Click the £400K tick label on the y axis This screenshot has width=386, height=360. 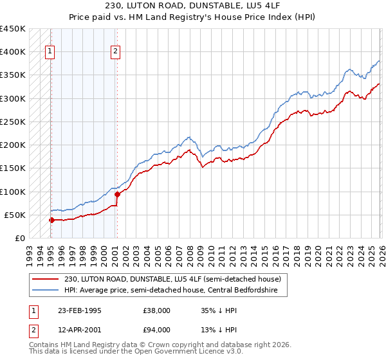pyautogui.click(x=13, y=52)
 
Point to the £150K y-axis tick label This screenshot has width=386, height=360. pyautogui.click(x=13, y=168)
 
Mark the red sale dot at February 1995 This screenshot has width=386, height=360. pyautogui.click(x=51, y=220)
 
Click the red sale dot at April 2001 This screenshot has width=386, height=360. pyautogui.click(x=117, y=194)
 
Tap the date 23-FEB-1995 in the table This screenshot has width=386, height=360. pyautogui.click(x=79, y=310)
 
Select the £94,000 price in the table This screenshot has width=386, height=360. pyautogui.click(x=156, y=330)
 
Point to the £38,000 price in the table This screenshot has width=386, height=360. pyautogui.click(x=156, y=310)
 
